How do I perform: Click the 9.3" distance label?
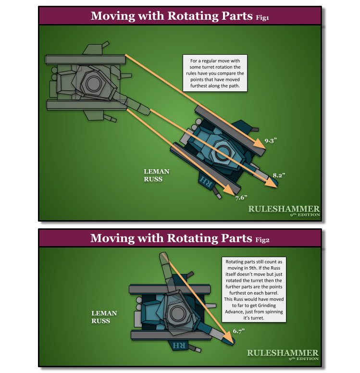pyautogui.click(x=271, y=141)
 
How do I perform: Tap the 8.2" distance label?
pyautogui.click(x=279, y=176)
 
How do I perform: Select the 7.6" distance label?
pyautogui.click(x=241, y=197)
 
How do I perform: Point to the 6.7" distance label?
pyautogui.click(x=239, y=331)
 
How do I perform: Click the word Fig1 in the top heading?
pyautogui.click(x=262, y=17)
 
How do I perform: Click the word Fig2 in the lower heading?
pyautogui.click(x=262, y=239)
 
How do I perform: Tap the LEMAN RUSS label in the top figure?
pyautogui.click(x=157, y=175)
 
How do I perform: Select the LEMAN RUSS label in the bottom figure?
pyautogui.click(x=104, y=317)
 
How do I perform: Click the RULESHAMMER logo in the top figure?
pyautogui.click(x=284, y=210)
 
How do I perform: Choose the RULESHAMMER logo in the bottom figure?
pyautogui.click(x=283, y=354)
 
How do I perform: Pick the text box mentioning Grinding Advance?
pyautogui.click(x=254, y=289)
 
